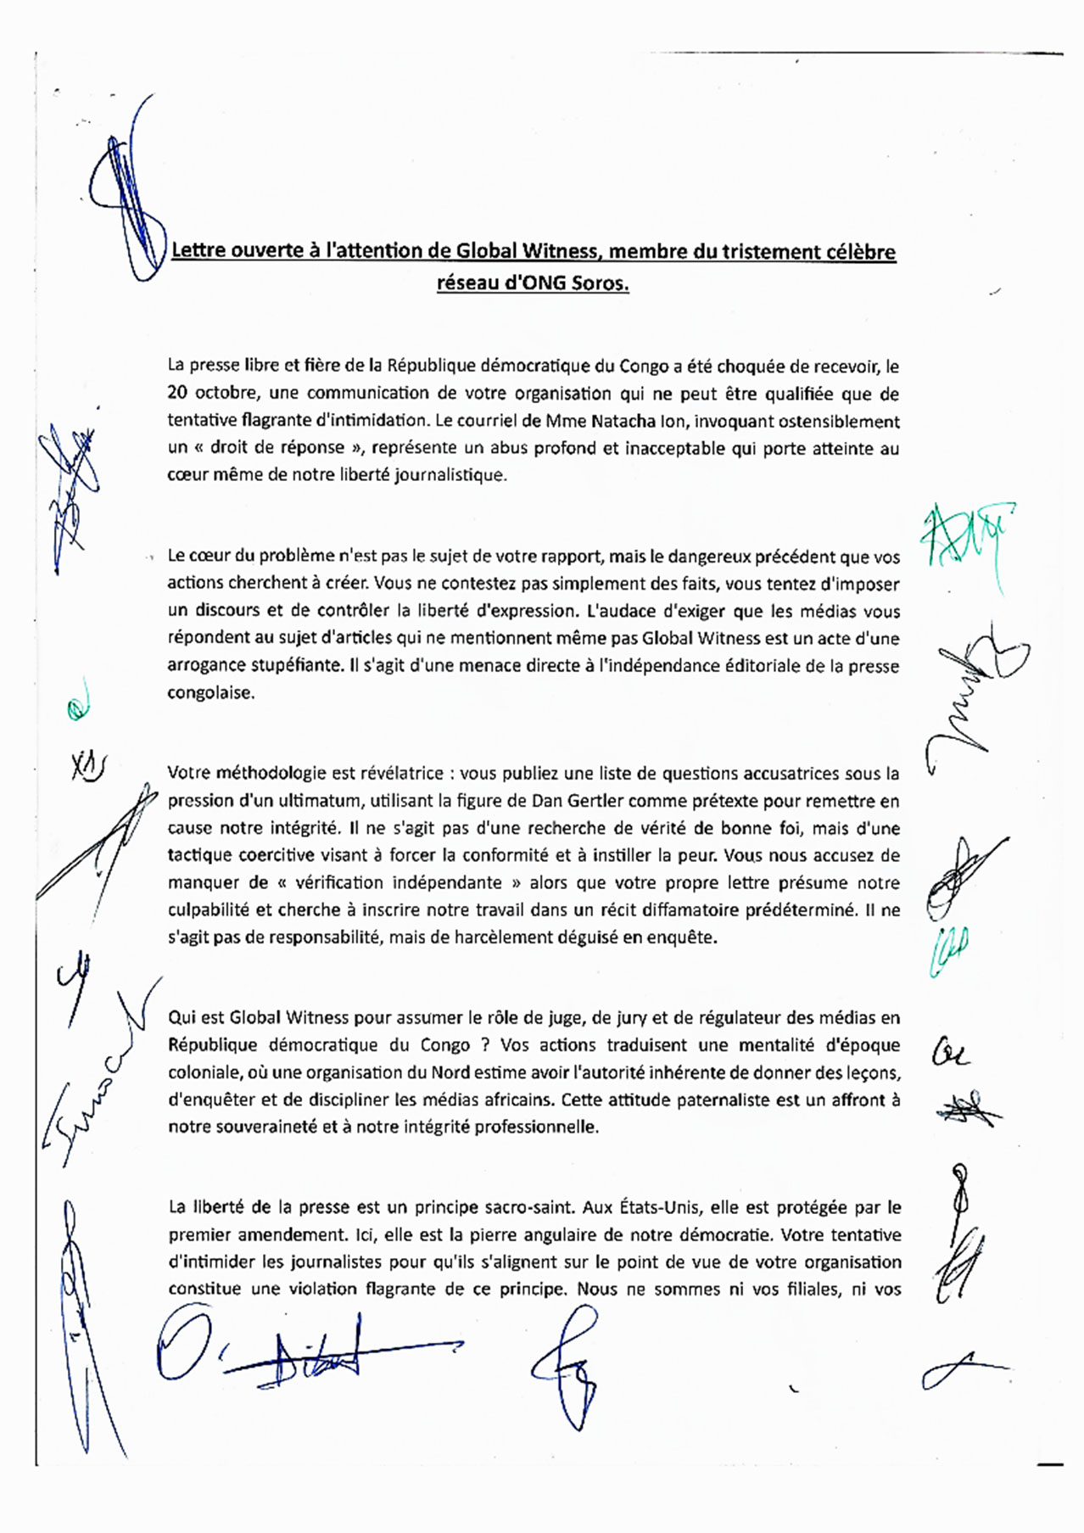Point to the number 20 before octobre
pos(177,394)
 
